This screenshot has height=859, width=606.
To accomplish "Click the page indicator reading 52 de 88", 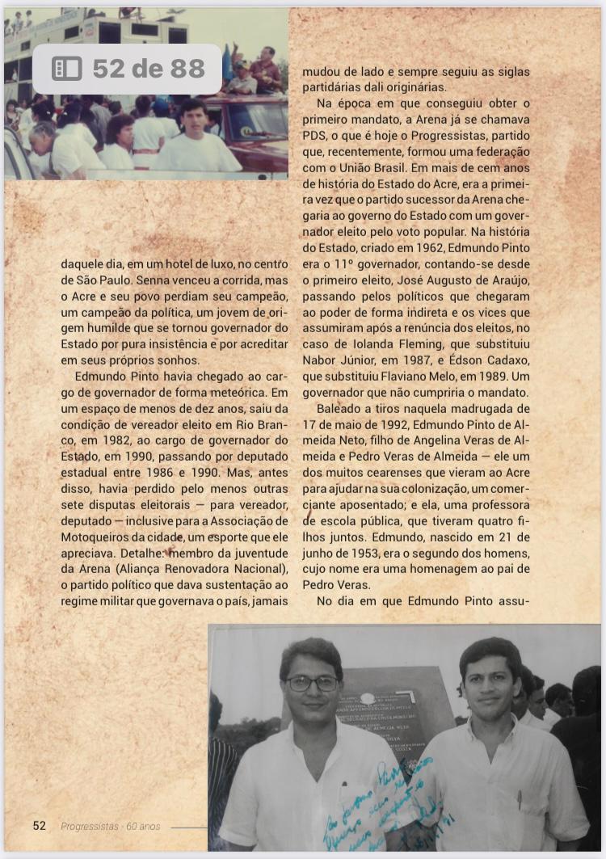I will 148,69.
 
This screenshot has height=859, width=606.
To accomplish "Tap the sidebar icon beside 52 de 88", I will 67,69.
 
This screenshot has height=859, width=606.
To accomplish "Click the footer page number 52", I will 39,825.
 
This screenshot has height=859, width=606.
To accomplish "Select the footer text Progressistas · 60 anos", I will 111,826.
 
